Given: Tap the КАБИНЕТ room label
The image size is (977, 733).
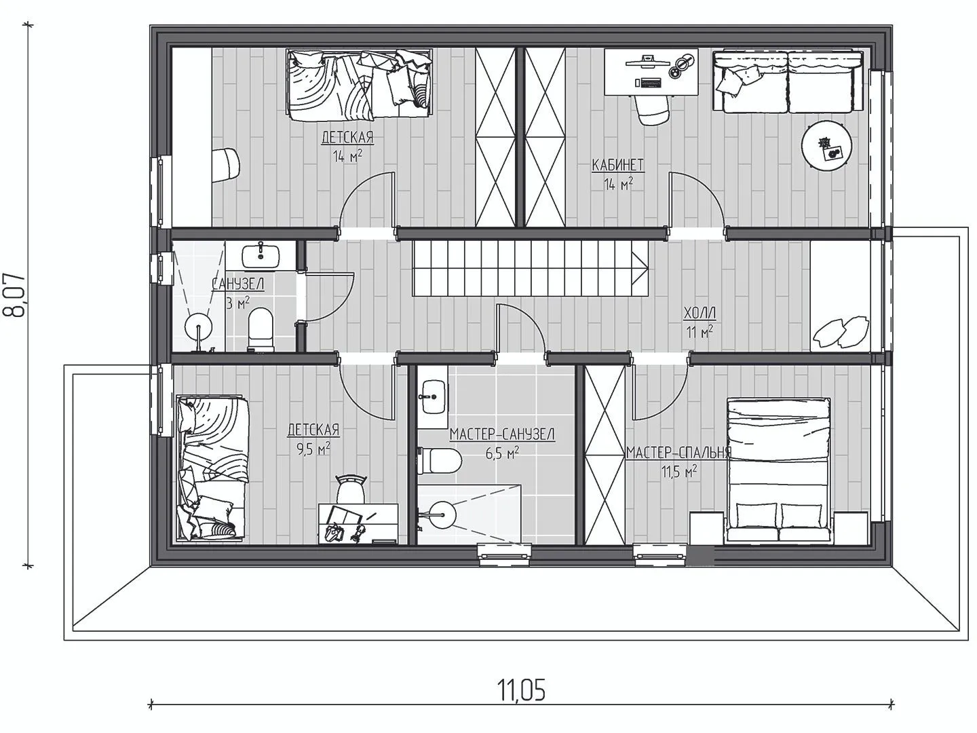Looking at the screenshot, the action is click(x=617, y=165).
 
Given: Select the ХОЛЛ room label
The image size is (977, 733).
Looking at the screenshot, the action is click(x=700, y=314).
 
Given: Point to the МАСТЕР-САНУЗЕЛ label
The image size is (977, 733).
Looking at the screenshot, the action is click(x=502, y=434).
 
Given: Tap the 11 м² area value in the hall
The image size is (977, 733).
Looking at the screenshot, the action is click(x=700, y=332).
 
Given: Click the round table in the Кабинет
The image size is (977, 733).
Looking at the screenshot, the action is click(x=826, y=145).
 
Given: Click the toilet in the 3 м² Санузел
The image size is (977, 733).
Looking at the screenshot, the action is click(x=260, y=330).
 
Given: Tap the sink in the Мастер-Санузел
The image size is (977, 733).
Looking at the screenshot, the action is click(x=433, y=397).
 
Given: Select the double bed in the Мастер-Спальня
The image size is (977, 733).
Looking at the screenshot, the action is click(x=778, y=470).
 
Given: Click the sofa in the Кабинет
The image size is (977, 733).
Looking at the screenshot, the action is click(x=788, y=81).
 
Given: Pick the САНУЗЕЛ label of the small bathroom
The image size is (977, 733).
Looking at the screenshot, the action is click(x=237, y=284).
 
